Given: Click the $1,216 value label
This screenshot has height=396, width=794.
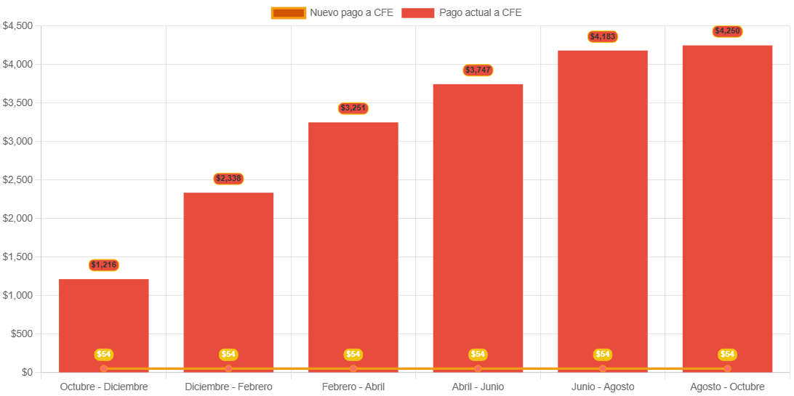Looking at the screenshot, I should (x=104, y=265).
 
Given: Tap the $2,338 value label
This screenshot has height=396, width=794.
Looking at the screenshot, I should (x=228, y=179).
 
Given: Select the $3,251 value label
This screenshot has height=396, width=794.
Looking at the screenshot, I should (x=353, y=108).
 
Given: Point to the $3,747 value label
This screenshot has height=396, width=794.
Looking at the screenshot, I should (x=478, y=70).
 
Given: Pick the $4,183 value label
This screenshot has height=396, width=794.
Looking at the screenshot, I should (x=603, y=36).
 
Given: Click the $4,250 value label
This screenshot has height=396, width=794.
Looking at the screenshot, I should (x=727, y=31).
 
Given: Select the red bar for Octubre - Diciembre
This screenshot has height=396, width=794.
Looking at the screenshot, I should (x=104, y=320).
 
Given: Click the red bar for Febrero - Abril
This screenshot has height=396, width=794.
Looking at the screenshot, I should (x=353, y=240).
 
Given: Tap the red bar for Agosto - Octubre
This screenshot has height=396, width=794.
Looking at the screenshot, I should (x=727, y=203).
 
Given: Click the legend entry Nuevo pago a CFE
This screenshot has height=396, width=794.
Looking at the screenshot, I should (x=332, y=12).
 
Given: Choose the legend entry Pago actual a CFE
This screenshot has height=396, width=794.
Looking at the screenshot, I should (x=461, y=12).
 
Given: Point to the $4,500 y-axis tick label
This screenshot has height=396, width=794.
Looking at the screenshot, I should (x=17, y=26).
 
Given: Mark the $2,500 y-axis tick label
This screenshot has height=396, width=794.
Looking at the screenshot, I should (x=17, y=180).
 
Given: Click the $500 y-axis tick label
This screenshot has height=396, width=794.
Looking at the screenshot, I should (x=22, y=334).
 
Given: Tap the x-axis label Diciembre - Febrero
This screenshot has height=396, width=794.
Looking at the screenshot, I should (x=228, y=387).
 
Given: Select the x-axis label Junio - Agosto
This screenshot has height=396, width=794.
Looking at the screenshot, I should (x=603, y=387).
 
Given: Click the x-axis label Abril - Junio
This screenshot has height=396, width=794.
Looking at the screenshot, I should (x=478, y=387).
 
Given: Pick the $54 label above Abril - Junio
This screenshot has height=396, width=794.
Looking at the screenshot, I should (x=478, y=355).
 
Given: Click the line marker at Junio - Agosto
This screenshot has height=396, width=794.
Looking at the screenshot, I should (x=603, y=368).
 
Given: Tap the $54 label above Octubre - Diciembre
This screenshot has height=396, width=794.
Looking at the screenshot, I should (x=104, y=355).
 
